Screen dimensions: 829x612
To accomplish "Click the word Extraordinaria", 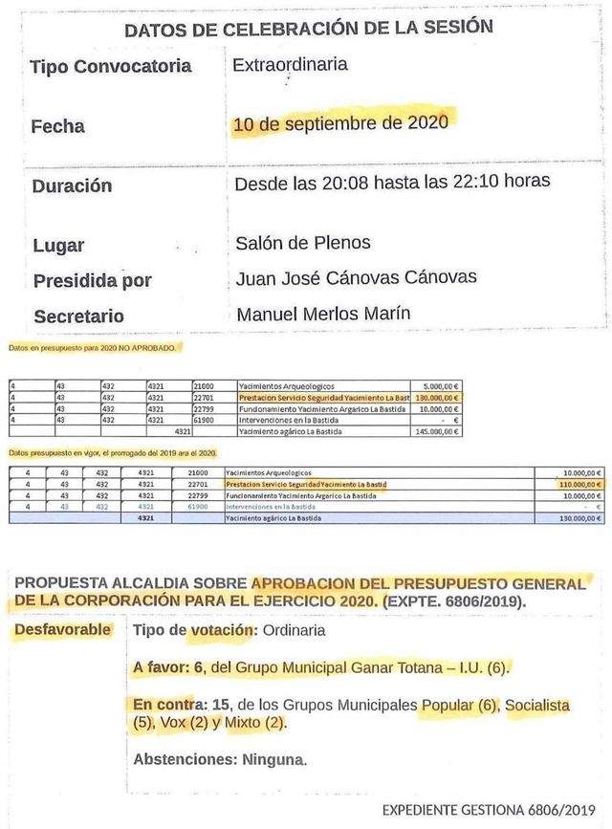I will [290, 66].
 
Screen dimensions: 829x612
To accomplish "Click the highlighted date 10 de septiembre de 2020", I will [340, 124].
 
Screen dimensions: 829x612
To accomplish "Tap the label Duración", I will [72, 185].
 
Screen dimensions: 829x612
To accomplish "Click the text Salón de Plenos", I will [302, 243].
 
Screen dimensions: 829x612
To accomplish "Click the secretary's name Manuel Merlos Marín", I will [322, 314].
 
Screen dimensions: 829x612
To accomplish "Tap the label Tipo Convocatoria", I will [111, 67].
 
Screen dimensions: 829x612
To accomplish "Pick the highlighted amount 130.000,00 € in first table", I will [438, 397].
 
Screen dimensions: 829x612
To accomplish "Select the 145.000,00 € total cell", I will [438, 431].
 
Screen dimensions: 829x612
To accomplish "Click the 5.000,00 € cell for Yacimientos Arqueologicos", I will [442, 385].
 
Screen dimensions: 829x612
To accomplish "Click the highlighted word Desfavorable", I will [62, 629].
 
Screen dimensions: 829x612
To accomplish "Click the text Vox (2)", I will [180, 723].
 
